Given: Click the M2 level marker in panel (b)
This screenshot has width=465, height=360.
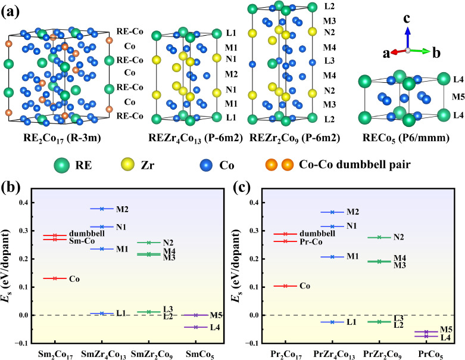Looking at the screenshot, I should coord(102,209).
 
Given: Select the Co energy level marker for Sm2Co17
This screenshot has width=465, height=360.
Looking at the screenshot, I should coord(55,278).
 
